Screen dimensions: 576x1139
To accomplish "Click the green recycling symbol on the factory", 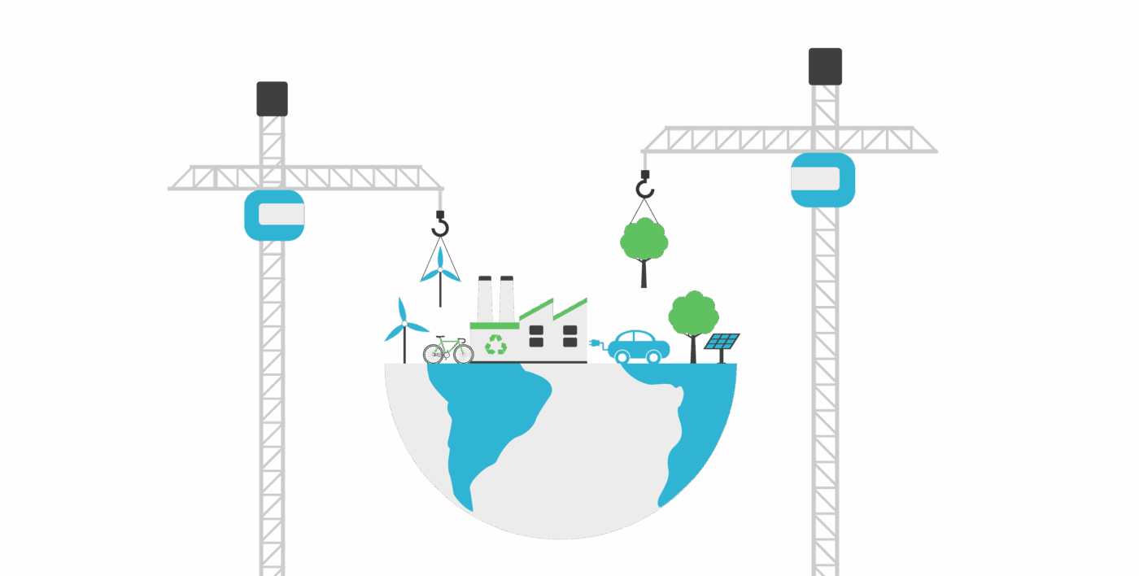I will click(495, 345).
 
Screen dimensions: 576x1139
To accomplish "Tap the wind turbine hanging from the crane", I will click(440, 273).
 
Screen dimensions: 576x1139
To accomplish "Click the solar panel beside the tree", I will click(722, 342).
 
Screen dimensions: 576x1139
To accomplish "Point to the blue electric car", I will click(639, 345).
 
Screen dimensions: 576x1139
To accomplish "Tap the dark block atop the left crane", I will click(272, 98).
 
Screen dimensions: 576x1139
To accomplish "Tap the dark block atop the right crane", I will click(825, 66).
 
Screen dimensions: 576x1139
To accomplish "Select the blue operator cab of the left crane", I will click(274, 216).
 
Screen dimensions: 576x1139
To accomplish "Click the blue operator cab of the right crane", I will click(823, 180).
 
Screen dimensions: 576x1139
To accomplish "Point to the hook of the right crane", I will click(644, 189).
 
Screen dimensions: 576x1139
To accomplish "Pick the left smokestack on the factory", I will click(485, 299).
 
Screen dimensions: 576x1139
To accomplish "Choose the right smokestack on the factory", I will click(507, 299).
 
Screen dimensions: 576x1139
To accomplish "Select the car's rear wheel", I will click(622, 356).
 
